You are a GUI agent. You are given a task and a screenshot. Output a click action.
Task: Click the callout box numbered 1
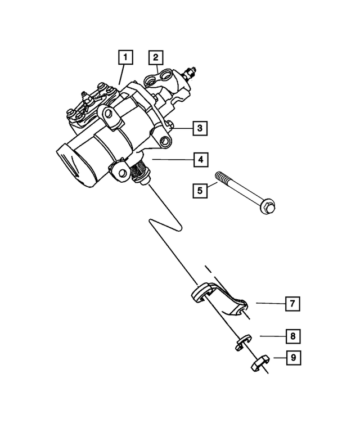pyautogui.click(x=125, y=57)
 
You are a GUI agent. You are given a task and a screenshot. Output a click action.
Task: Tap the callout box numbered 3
pyautogui.click(x=199, y=129)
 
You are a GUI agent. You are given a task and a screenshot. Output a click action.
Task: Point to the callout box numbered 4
pyautogui.click(x=199, y=160)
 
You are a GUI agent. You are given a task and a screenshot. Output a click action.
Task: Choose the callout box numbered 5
pyautogui.click(x=199, y=190)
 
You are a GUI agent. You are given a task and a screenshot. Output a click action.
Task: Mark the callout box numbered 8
pyautogui.click(x=292, y=336)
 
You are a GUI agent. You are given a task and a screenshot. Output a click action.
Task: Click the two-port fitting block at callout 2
pyautogui.click(x=163, y=77)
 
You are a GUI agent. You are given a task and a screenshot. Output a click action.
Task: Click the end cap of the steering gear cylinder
pyautogui.click(x=73, y=165)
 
